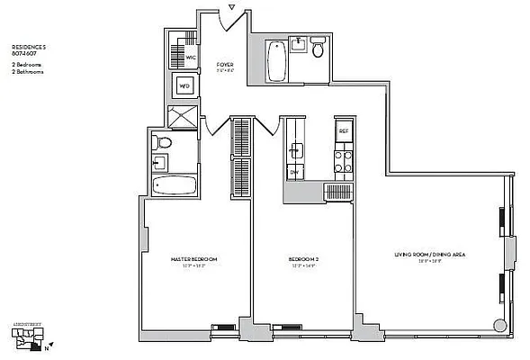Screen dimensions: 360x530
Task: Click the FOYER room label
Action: pos(225,65)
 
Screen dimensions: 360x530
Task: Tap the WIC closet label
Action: pos(191,57)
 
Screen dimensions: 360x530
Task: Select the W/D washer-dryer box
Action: pos(184,86)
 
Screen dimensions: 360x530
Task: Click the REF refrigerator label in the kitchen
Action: pos(343,131)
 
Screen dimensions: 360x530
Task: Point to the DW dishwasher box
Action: pos(294,171)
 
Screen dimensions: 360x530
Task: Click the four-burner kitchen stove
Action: pos(342,161)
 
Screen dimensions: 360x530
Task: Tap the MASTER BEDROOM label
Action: pos(193,259)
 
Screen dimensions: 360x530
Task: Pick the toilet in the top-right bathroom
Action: pos(317,51)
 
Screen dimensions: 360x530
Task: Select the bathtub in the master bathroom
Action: pos(175,186)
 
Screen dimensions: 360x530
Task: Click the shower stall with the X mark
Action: pos(183,117)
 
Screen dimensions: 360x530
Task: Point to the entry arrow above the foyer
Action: pos(232,8)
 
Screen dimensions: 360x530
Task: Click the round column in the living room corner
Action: pos(499,327)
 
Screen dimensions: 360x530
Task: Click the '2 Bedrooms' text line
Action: pos(26,66)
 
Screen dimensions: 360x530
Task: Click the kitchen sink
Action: pos(295,149)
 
